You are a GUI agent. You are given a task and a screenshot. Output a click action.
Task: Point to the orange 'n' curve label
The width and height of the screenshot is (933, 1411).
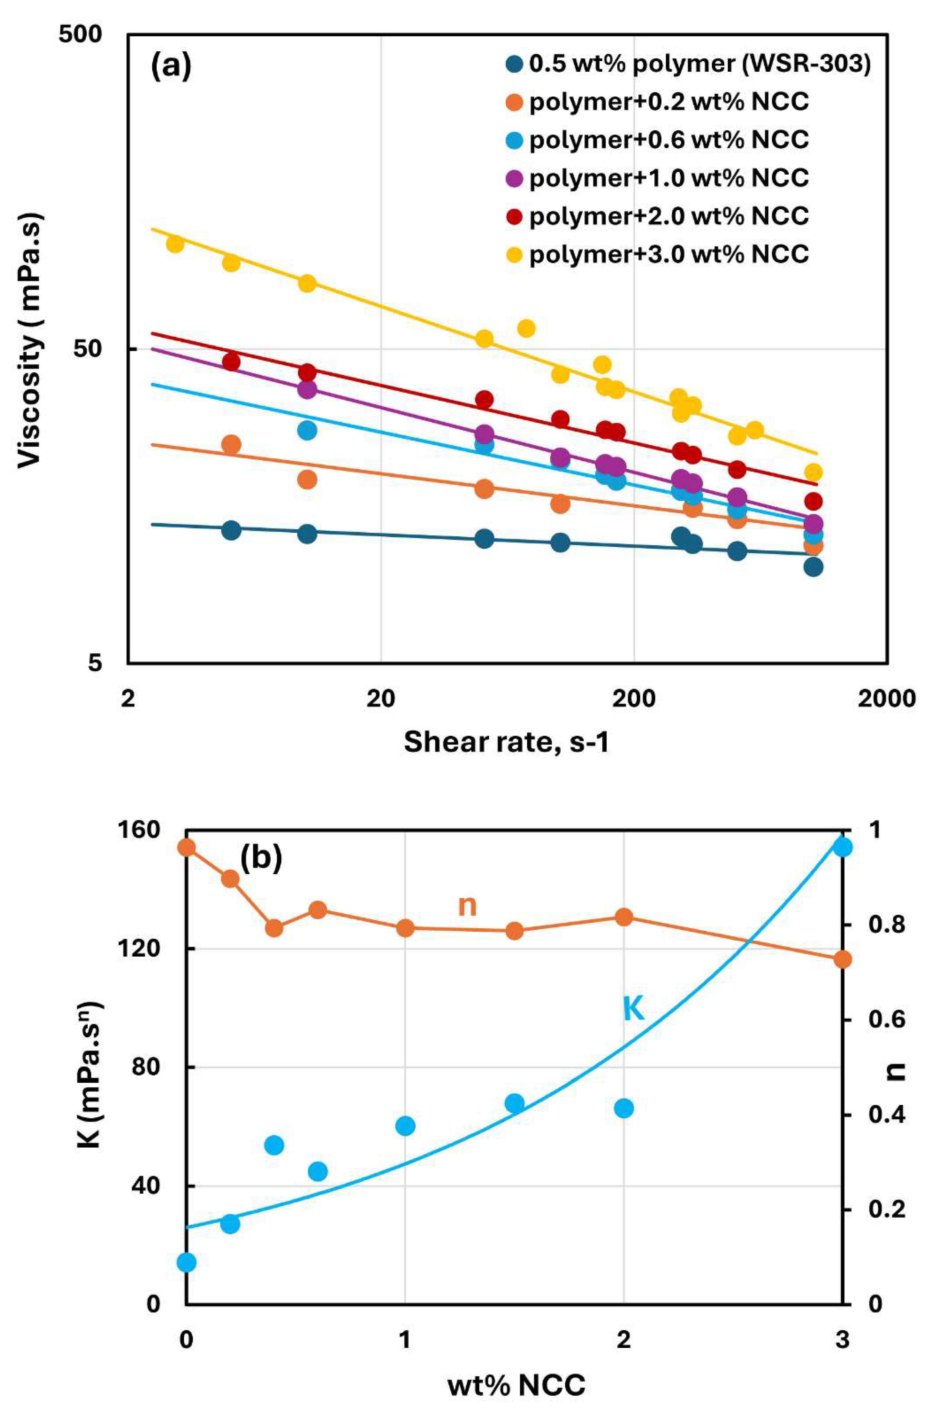[467, 906]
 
